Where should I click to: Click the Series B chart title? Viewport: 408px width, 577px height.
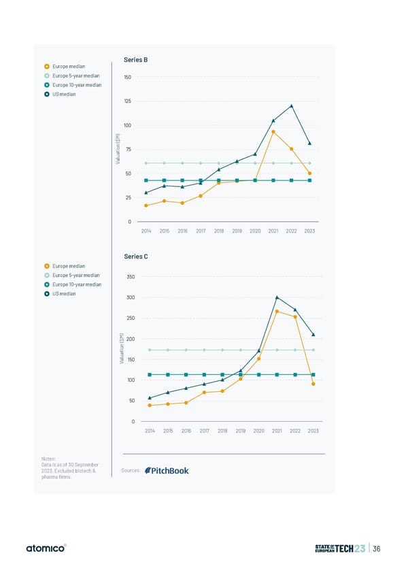(x=136, y=60)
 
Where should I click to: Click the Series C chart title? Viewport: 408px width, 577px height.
(x=136, y=257)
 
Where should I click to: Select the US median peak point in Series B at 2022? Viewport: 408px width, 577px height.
(x=291, y=105)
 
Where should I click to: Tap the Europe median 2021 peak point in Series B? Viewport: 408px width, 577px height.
(x=273, y=132)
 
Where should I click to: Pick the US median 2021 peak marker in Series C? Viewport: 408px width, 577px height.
(x=277, y=297)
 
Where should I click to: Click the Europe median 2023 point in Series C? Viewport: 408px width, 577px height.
(x=313, y=384)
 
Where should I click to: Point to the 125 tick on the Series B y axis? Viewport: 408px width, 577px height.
(x=127, y=101)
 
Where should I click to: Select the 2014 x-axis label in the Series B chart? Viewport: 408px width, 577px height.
(x=146, y=231)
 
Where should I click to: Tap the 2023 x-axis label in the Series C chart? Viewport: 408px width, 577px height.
(x=313, y=431)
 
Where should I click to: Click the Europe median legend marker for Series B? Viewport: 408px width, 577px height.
(x=46, y=67)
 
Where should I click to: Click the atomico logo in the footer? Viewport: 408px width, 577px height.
(x=47, y=548)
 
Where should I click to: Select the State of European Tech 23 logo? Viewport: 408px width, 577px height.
(x=340, y=548)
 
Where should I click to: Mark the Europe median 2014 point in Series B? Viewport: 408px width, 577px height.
(x=146, y=205)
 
